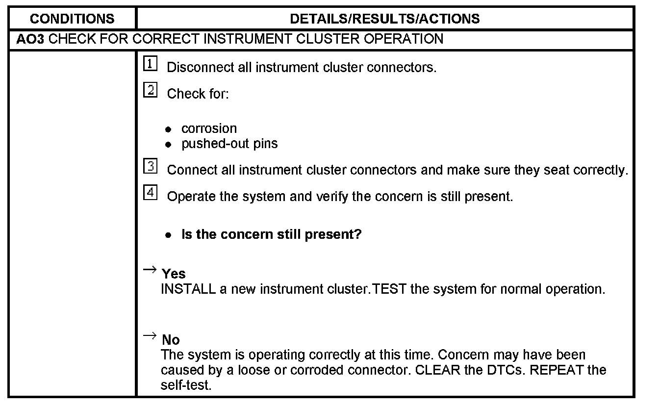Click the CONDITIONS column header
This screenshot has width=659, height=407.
click(x=72, y=19)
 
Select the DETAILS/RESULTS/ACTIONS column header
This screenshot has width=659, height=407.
click(x=385, y=19)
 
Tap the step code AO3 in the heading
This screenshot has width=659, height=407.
click(x=30, y=39)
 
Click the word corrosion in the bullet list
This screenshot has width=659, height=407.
click(x=209, y=128)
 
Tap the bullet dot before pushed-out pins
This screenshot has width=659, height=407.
click(x=169, y=145)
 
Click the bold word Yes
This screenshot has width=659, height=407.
click(x=174, y=274)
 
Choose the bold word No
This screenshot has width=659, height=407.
click(x=171, y=340)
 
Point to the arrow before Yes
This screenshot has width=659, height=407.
click(x=150, y=270)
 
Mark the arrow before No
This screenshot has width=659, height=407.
click(x=150, y=336)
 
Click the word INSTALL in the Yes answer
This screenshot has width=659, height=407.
click(x=188, y=289)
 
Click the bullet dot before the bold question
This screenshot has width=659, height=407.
click(x=169, y=235)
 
